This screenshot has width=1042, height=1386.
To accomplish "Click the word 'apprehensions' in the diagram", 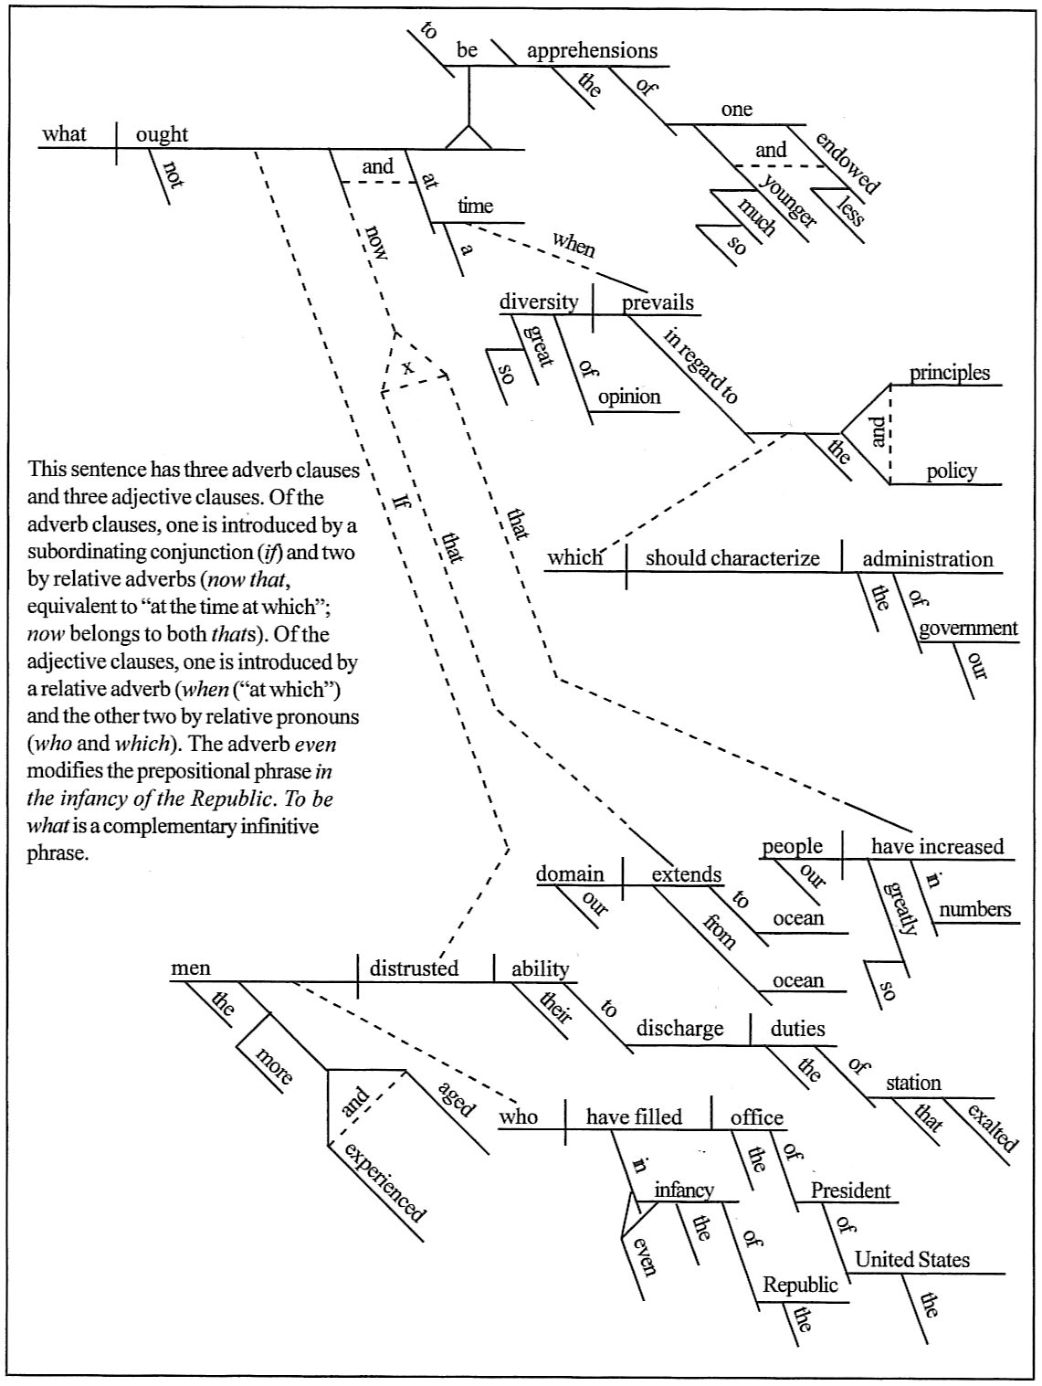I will tap(592, 50).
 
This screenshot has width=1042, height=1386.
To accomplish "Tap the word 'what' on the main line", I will tap(64, 134).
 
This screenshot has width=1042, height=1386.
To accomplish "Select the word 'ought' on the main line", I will tap(162, 134).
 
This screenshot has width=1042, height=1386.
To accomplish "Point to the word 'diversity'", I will tap(539, 302).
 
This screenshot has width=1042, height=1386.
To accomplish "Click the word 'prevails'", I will tap(658, 302).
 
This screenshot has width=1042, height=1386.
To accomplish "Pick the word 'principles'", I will tap(949, 373).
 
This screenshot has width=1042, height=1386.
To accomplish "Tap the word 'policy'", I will tap(951, 471).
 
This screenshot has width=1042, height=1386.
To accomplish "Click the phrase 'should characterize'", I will tap(732, 558).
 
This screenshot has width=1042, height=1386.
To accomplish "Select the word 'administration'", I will tap(928, 558).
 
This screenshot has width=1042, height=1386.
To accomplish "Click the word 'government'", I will tap(968, 629).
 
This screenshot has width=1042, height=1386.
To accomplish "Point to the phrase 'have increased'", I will tap(937, 846).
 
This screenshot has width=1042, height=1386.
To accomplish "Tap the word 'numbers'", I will tap(974, 909).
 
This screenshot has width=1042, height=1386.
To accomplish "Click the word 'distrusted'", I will tap(414, 968).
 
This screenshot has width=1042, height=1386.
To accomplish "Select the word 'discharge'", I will tap(679, 1029).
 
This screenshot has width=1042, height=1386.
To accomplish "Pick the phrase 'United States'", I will tap(912, 1260).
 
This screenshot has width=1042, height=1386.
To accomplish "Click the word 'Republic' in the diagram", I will tap(800, 1285).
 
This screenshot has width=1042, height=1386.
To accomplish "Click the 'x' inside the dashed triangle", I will tap(408, 367).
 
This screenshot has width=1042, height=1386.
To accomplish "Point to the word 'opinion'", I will tap(629, 397).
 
